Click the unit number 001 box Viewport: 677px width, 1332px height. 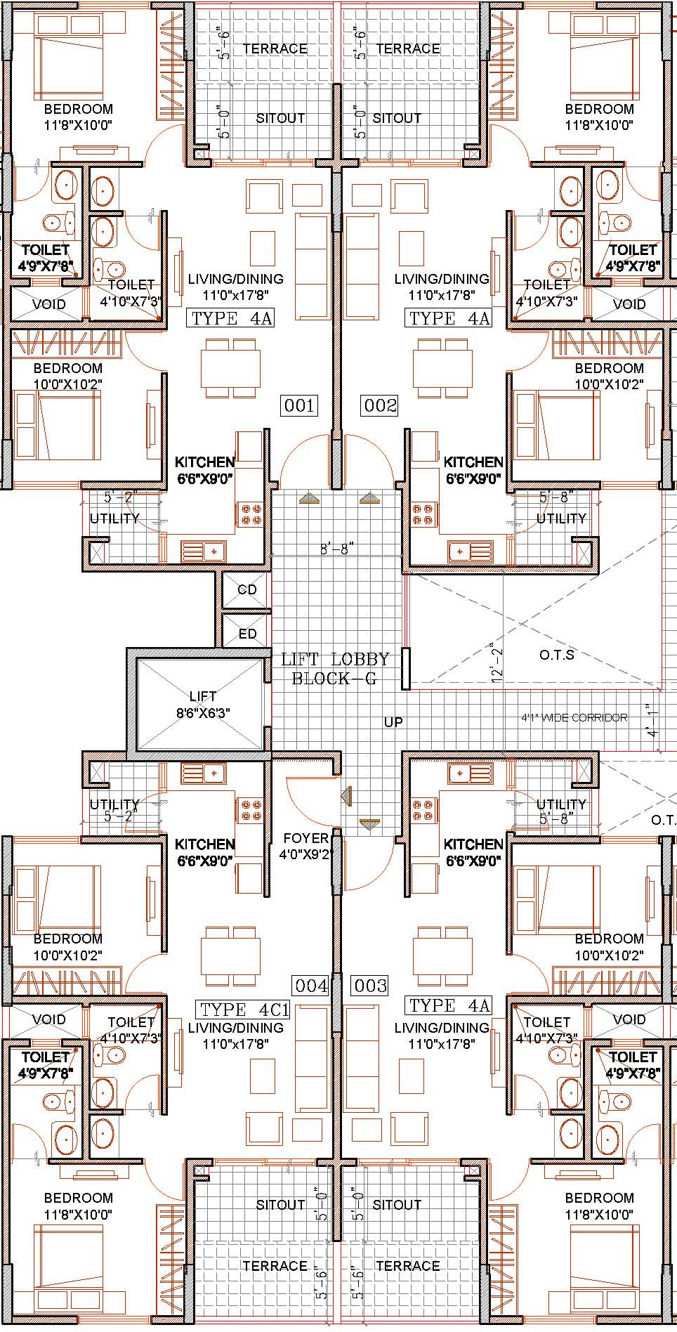click(299, 405)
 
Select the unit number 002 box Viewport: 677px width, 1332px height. click(380, 405)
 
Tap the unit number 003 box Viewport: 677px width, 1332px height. click(370, 986)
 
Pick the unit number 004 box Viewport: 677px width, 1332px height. click(311, 986)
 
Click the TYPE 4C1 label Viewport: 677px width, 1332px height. click(244, 1010)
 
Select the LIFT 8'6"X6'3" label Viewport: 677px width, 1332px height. click(203, 704)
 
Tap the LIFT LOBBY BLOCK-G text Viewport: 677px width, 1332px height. click(334, 669)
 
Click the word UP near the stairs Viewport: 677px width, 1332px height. click(393, 721)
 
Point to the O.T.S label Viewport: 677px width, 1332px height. click(557, 655)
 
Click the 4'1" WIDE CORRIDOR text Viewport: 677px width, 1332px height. click(574, 717)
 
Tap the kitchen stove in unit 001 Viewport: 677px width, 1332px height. click(251, 514)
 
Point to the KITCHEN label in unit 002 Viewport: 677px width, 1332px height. click(473, 462)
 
